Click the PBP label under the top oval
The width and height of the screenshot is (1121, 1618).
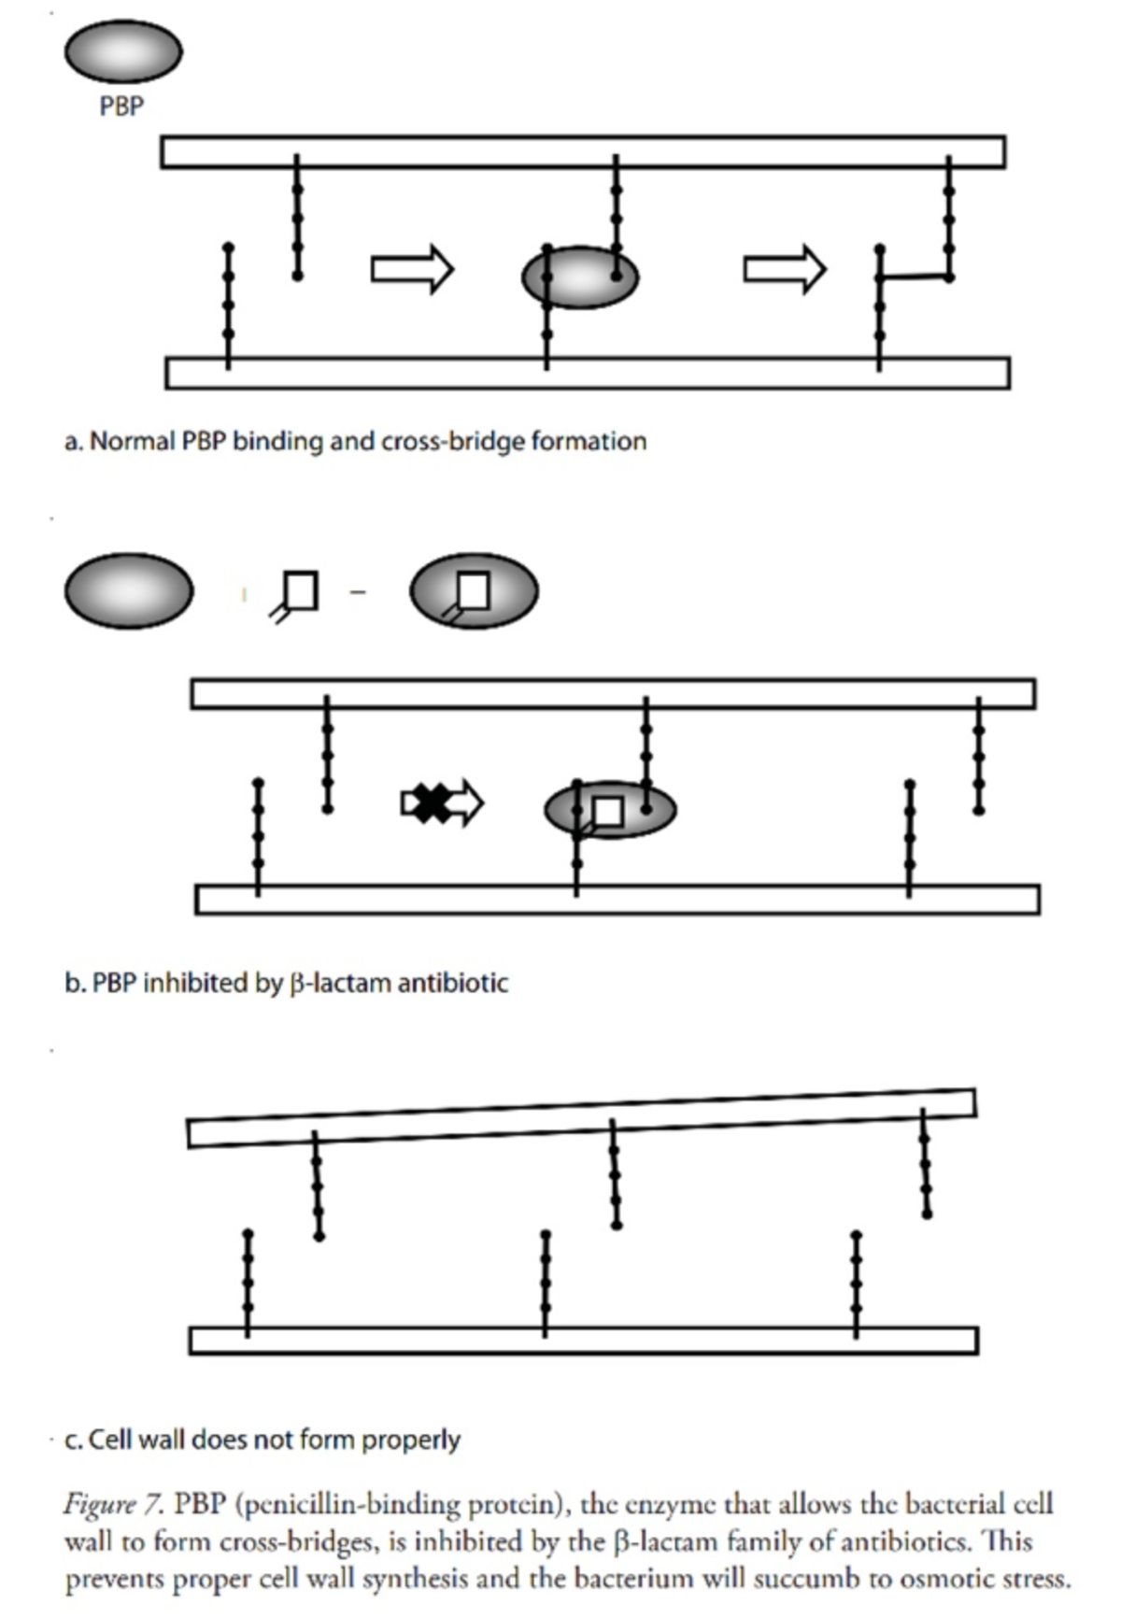(121, 106)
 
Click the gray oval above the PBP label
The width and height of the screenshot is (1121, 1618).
(122, 50)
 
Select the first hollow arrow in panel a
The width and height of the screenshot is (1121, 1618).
(412, 269)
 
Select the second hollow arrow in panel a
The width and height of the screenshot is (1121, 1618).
(785, 269)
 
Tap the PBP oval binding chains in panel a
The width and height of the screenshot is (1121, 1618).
(580, 277)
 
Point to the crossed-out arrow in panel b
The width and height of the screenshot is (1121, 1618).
(441, 802)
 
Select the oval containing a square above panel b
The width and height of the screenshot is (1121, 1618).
(474, 591)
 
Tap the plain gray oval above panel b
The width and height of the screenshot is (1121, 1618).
(129, 591)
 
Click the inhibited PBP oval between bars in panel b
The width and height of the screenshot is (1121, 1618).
(610, 809)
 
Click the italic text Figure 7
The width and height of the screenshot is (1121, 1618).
(114, 1505)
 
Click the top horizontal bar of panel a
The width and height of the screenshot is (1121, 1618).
(583, 152)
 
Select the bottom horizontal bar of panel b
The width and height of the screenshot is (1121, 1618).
(617, 899)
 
